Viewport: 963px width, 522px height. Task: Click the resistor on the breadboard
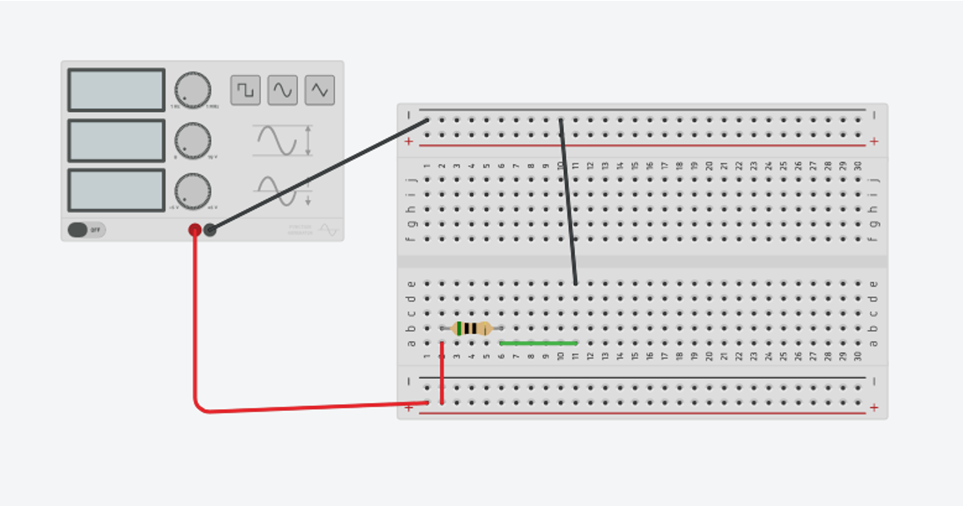pos(471,328)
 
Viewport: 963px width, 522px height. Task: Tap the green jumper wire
pos(539,344)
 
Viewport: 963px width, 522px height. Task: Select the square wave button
pos(246,90)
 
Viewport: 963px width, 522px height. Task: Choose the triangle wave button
pos(320,90)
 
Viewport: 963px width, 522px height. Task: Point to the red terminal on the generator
pos(194,230)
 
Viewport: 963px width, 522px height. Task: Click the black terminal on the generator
pos(210,230)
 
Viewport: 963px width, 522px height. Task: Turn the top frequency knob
pos(193,90)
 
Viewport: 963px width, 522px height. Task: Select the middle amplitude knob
pos(193,141)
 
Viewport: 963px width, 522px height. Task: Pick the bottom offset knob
pos(193,191)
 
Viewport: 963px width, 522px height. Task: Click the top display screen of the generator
pos(116,90)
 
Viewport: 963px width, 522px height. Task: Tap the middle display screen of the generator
pos(116,141)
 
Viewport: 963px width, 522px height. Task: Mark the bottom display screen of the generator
pos(116,191)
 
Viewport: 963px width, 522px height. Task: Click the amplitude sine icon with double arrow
pos(283,140)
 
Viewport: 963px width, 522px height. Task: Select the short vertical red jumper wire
pos(442,373)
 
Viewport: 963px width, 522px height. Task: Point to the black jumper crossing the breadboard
pos(568,202)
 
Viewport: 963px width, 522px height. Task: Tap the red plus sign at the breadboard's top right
pos(874,141)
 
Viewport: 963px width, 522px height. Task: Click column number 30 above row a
pos(858,356)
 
